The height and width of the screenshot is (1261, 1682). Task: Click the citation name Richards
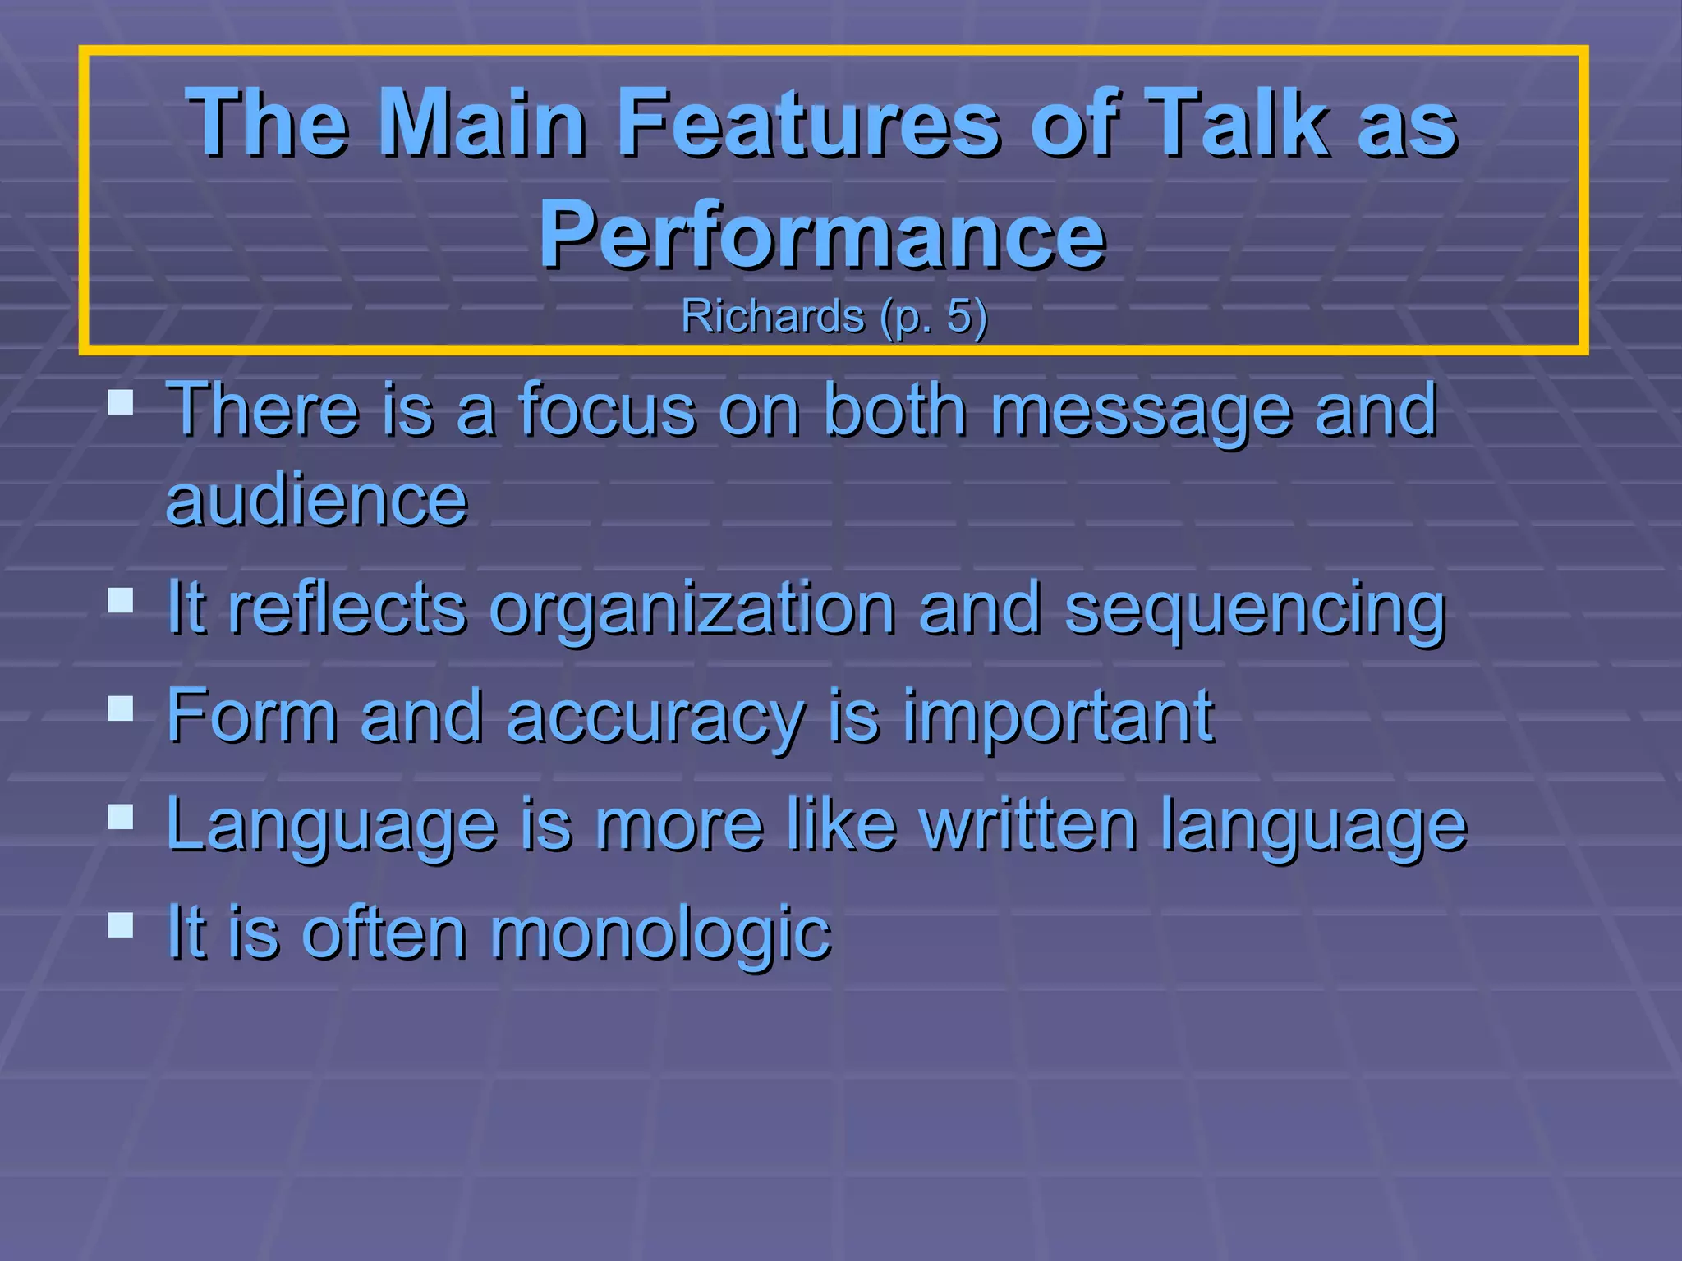(772, 316)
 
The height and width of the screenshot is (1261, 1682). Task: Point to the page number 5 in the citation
(958, 316)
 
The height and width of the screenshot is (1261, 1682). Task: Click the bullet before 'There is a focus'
(120, 402)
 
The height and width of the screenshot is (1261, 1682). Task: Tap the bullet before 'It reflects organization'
(120, 600)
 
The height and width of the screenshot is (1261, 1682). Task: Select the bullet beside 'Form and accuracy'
(120, 708)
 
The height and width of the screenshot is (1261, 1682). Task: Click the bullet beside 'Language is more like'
(120, 816)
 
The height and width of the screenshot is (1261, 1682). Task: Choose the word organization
(692, 609)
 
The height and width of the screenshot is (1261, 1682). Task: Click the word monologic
(660, 934)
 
